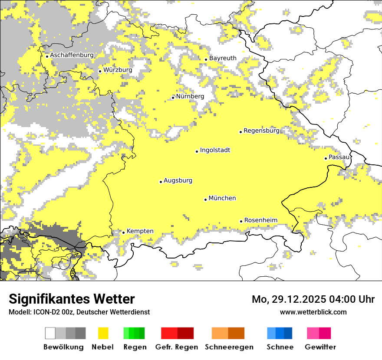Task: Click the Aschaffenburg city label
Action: tap(72, 55)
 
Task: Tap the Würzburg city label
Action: tap(118, 70)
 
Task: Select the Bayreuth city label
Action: tap(223, 58)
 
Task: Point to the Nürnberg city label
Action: tap(190, 96)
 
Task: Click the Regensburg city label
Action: tap(261, 131)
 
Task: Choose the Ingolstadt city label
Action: tap(215, 150)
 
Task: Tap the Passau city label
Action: tap(339, 157)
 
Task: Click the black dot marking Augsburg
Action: tap(161, 182)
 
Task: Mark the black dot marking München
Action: tap(205, 200)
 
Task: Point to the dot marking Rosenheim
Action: tap(241, 221)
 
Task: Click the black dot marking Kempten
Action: tap(123, 232)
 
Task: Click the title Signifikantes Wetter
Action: tap(72, 299)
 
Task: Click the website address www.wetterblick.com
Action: tap(313, 312)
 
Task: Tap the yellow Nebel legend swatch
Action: tap(103, 333)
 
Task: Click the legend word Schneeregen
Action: tap(229, 347)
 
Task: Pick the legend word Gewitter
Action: tap(320, 347)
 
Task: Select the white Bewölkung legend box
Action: tap(50, 333)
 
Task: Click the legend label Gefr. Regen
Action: tap(177, 347)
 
